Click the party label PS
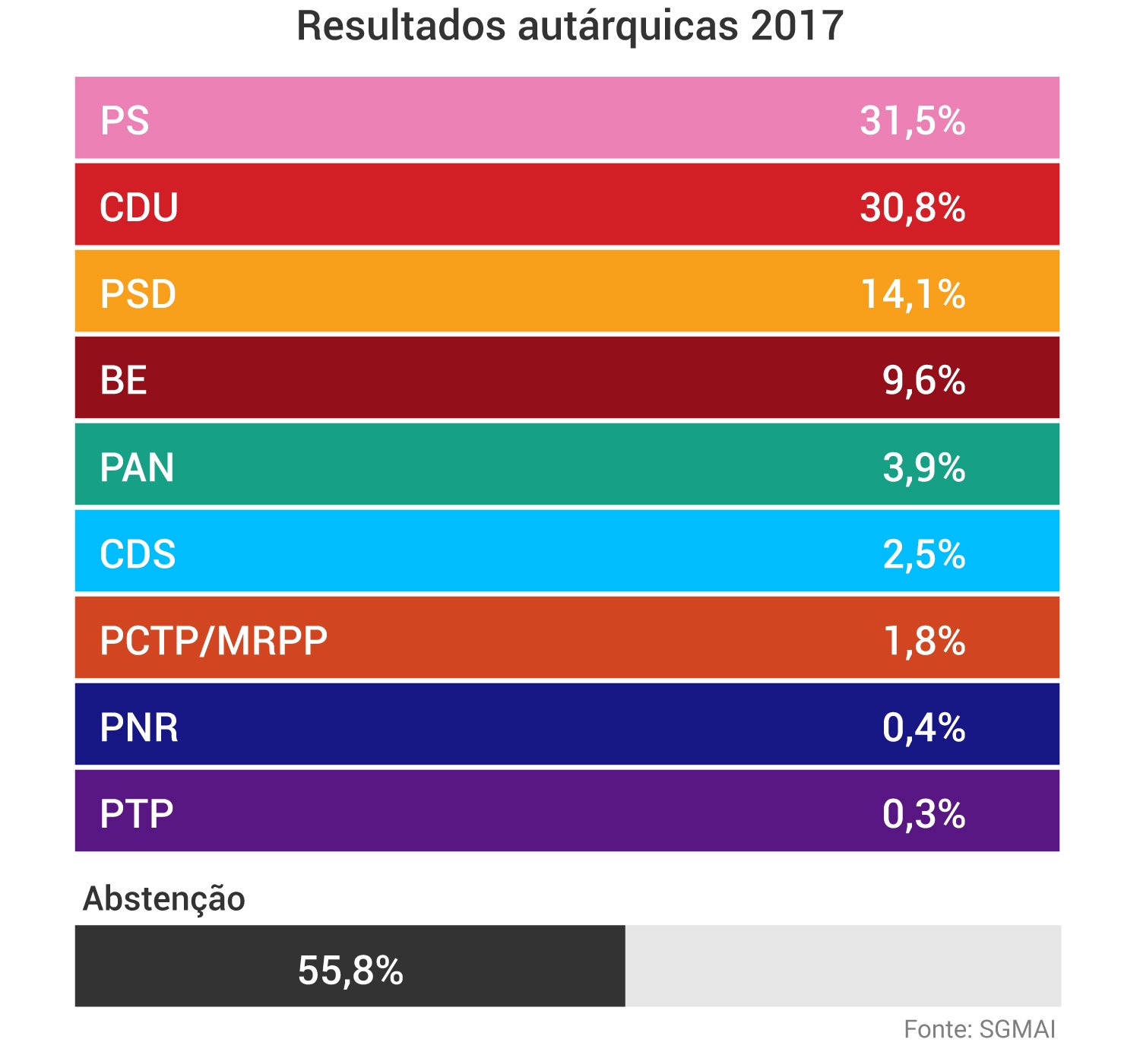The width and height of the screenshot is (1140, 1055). (125, 121)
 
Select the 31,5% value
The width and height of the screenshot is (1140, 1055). (912, 121)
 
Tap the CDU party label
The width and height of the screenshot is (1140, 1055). (139, 208)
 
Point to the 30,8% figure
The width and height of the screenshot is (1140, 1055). (912, 208)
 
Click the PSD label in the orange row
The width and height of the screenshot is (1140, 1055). (138, 294)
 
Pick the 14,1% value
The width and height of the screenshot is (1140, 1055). (912, 294)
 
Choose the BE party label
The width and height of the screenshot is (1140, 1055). (123, 381)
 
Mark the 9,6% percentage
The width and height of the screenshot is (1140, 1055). (923, 381)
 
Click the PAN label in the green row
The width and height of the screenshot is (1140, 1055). (137, 467)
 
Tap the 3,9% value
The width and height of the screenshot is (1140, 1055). (923, 467)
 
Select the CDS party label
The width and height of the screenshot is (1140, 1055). (138, 554)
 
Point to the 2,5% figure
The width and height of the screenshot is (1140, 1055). (923, 554)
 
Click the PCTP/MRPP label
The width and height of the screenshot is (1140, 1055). (214, 641)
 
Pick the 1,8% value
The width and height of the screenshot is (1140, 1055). (923, 641)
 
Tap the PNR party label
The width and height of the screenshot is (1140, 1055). (139, 727)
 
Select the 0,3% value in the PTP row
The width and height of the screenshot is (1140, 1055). (923, 814)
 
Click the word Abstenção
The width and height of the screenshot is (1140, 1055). (164, 898)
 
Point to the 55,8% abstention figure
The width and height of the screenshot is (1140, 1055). (350, 970)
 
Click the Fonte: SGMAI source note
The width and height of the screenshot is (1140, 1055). (980, 1029)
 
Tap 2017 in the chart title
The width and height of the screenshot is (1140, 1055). (796, 26)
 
